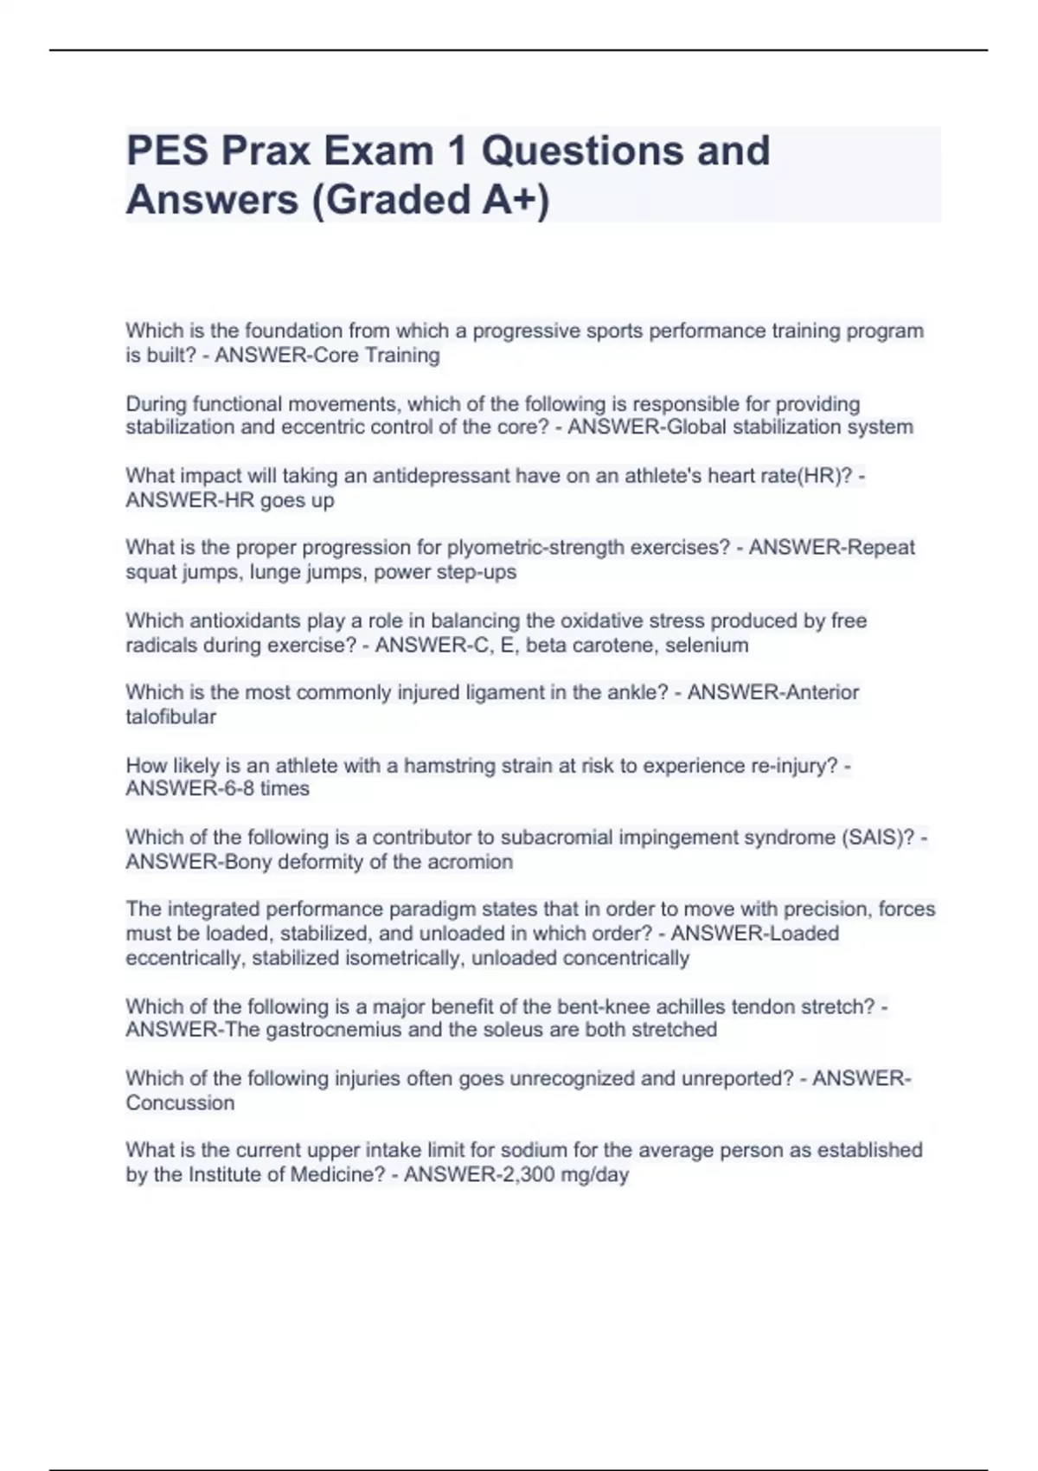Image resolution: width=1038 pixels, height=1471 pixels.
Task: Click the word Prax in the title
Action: pyautogui.click(x=266, y=151)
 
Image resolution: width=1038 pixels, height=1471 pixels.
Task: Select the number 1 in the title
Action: pyautogui.click(x=457, y=151)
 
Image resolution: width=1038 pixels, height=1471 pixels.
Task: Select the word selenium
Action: pyautogui.click(x=707, y=646)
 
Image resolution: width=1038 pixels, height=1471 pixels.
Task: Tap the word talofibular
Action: pyautogui.click(x=171, y=717)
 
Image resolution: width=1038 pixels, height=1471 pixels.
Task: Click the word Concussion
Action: pyautogui.click(x=180, y=1103)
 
